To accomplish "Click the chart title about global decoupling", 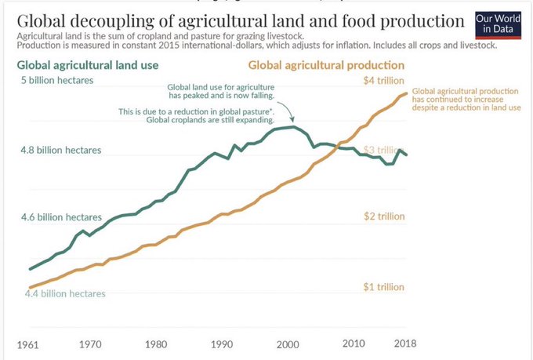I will [238, 20].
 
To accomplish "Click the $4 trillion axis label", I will [384, 81].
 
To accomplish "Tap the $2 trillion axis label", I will [384, 216].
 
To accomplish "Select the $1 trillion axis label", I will [384, 286].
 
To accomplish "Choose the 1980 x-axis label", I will [155, 344].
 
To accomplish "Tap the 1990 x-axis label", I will [222, 344].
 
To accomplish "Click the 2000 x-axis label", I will [288, 344].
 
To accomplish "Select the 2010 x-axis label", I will [354, 344].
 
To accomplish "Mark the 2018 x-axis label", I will [404, 344].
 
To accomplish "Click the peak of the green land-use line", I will [294, 126].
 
